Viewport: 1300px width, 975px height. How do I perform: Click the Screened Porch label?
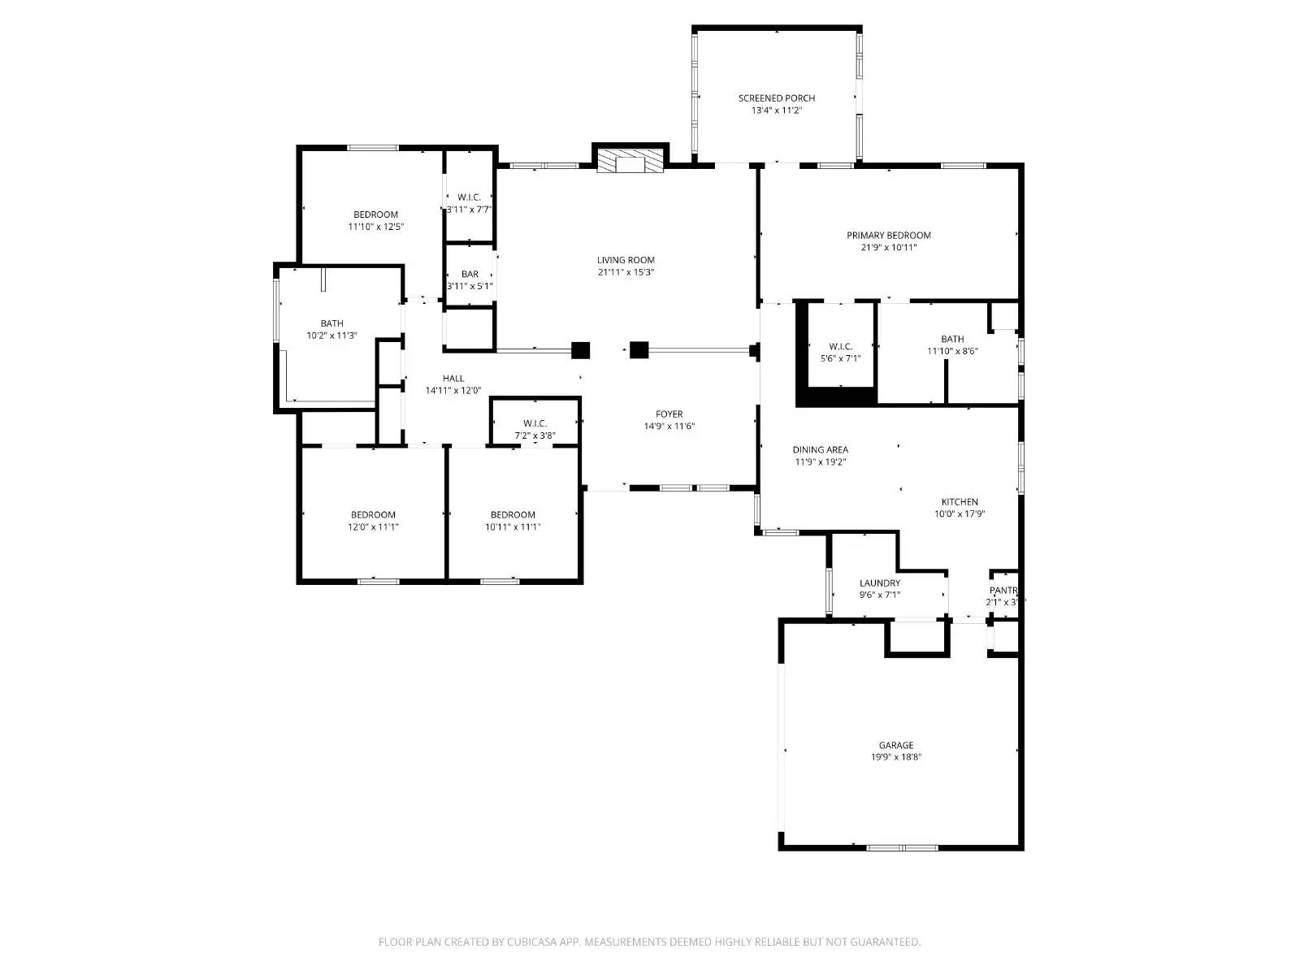pyautogui.click(x=776, y=98)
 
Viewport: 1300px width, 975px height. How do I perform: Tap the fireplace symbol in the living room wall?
pyautogui.click(x=630, y=162)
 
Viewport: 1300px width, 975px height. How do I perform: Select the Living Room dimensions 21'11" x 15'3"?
pyautogui.click(x=626, y=273)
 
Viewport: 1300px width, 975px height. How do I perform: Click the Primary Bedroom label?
pyautogui.click(x=888, y=236)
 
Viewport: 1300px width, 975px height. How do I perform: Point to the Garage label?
pyautogui.click(x=895, y=745)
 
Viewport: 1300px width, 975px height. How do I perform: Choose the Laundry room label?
pyautogui.click(x=879, y=583)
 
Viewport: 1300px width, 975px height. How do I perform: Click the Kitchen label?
pyautogui.click(x=960, y=502)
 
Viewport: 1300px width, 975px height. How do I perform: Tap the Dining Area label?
pyautogui.click(x=820, y=450)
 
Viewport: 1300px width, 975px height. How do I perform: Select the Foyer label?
pyautogui.click(x=669, y=414)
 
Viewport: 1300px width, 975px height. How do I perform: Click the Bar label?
pyautogui.click(x=470, y=275)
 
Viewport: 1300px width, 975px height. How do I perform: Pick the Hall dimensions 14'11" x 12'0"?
pyautogui.click(x=453, y=391)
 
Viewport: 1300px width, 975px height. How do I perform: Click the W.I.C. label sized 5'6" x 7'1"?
pyautogui.click(x=840, y=347)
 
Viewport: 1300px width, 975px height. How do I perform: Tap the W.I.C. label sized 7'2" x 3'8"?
pyautogui.click(x=535, y=424)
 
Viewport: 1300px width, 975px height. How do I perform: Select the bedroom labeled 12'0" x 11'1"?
pyautogui.click(x=373, y=515)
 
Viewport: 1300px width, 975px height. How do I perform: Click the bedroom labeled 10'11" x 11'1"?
pyautogui.click(x=513, y=515)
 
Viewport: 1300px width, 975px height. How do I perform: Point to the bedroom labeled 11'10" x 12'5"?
pyautogui.click(x=375, y=215)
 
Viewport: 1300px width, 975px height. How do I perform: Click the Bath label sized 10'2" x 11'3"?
pyautogui.click(x=331, y=324)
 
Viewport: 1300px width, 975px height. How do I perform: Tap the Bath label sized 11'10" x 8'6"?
pyautogui.click(x=952, y=340)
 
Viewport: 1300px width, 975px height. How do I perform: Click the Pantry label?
pyautogui.click(x=1003, y=591)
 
